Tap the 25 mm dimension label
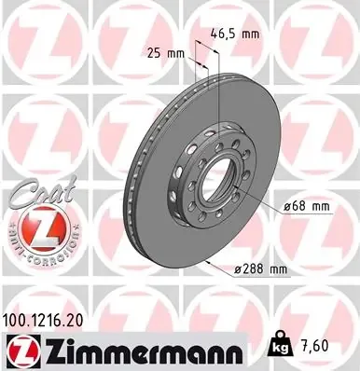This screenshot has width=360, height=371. pyautogui.click(x=167, y=53)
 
